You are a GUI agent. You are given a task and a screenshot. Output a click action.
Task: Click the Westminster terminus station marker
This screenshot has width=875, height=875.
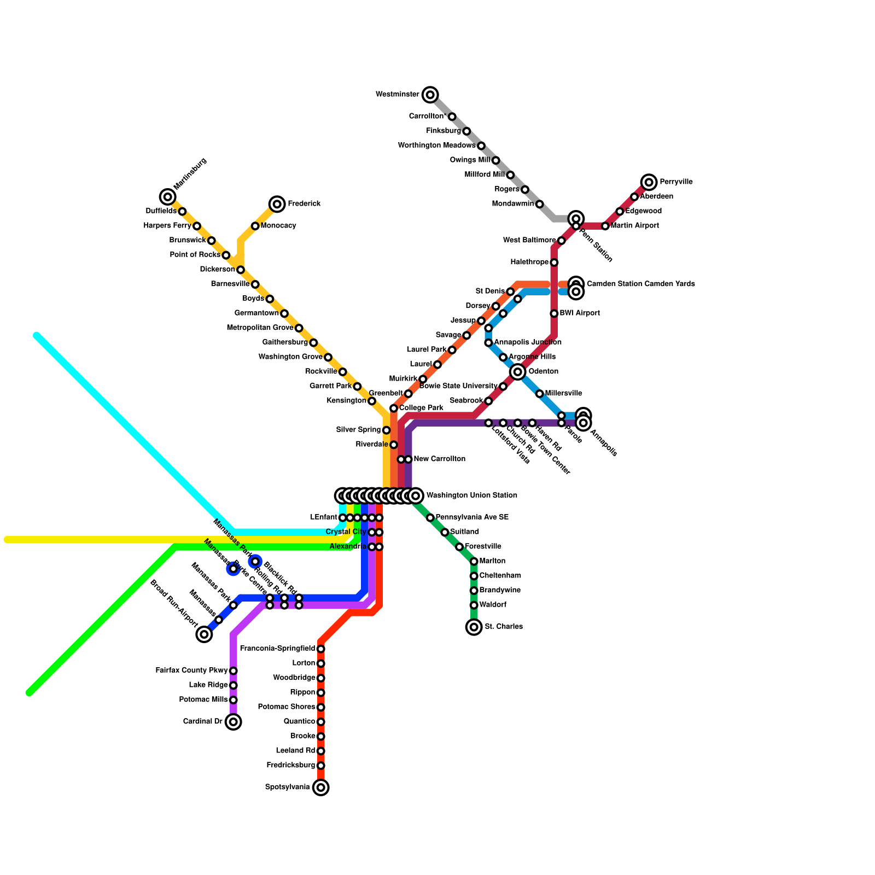430,95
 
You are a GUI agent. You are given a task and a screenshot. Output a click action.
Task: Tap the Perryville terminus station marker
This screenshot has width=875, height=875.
649,182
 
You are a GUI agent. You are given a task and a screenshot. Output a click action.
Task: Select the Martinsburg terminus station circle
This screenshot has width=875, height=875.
168,197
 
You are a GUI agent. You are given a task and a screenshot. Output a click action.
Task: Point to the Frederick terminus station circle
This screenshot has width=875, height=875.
277,204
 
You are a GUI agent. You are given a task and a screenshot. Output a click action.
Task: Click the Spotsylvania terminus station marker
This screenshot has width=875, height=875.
321,787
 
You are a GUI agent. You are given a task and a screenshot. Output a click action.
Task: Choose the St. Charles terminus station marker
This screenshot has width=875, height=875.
474,627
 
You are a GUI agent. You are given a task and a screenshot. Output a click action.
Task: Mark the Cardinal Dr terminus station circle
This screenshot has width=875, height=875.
234,722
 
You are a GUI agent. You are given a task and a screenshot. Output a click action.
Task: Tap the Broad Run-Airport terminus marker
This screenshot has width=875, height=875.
204,634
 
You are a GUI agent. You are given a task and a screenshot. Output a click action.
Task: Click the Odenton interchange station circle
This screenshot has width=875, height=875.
518,372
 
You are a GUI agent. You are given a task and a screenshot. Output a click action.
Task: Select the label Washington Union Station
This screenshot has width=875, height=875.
471,495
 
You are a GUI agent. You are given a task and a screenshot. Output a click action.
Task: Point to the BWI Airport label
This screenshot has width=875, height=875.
580,313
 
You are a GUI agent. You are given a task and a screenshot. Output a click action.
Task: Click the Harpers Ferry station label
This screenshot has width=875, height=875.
167,226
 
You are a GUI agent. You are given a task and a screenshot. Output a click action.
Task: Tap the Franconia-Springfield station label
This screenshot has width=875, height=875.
278,649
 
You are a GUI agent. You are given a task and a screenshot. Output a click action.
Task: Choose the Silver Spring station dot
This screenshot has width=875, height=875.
386,430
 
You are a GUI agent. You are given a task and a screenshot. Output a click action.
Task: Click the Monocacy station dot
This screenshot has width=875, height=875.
255,226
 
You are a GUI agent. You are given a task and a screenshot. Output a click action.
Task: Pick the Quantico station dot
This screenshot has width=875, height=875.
321,722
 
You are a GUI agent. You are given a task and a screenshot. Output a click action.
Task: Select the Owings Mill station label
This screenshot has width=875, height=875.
470,160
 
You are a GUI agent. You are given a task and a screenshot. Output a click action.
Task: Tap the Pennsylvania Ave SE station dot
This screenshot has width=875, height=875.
430,517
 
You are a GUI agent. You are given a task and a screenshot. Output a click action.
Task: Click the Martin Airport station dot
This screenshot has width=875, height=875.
605,226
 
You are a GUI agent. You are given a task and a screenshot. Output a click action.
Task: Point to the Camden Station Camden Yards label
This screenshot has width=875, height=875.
640,284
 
